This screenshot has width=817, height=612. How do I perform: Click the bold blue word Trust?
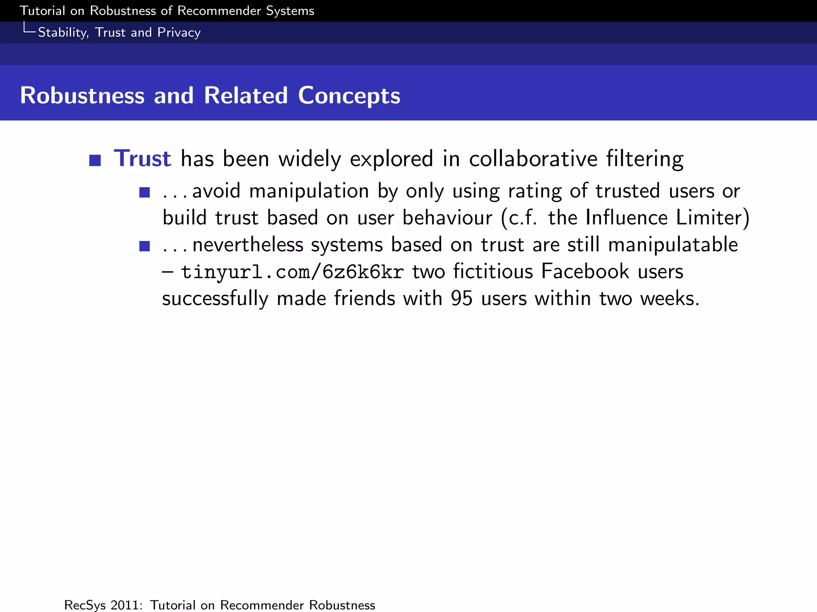click(142, 159)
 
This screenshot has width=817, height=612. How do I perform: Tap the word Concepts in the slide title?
click(349, 96)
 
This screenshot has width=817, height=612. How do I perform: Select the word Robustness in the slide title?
click(82, 96)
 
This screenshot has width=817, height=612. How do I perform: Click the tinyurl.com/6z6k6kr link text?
click(292, 272)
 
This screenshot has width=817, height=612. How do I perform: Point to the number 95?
click(462, 298)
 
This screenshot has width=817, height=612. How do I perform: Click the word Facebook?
click(585, 272)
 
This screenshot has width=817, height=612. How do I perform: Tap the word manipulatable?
click(673, 245)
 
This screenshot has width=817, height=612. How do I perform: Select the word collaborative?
click(533, 159)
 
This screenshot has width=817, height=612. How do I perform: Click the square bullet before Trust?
click(95, 160)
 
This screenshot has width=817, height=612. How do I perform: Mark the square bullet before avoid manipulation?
click(144, 193)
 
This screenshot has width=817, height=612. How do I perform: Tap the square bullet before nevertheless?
click(144, 246)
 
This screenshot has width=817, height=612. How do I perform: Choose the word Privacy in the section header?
click(179, 33)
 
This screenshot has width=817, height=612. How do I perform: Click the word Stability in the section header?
click(63, 33)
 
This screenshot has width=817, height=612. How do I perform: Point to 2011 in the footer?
click(126, 605)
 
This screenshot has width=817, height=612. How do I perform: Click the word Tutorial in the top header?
click(42, 11)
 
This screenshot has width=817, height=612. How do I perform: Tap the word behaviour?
click(447, 218)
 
